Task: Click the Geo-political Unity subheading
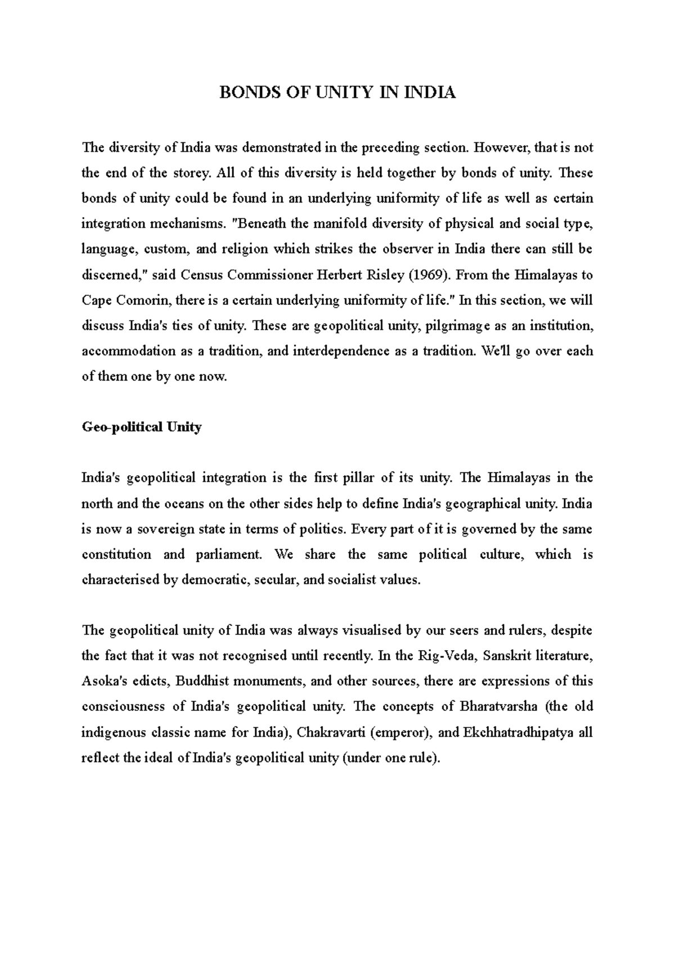(x=142, y=427)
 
